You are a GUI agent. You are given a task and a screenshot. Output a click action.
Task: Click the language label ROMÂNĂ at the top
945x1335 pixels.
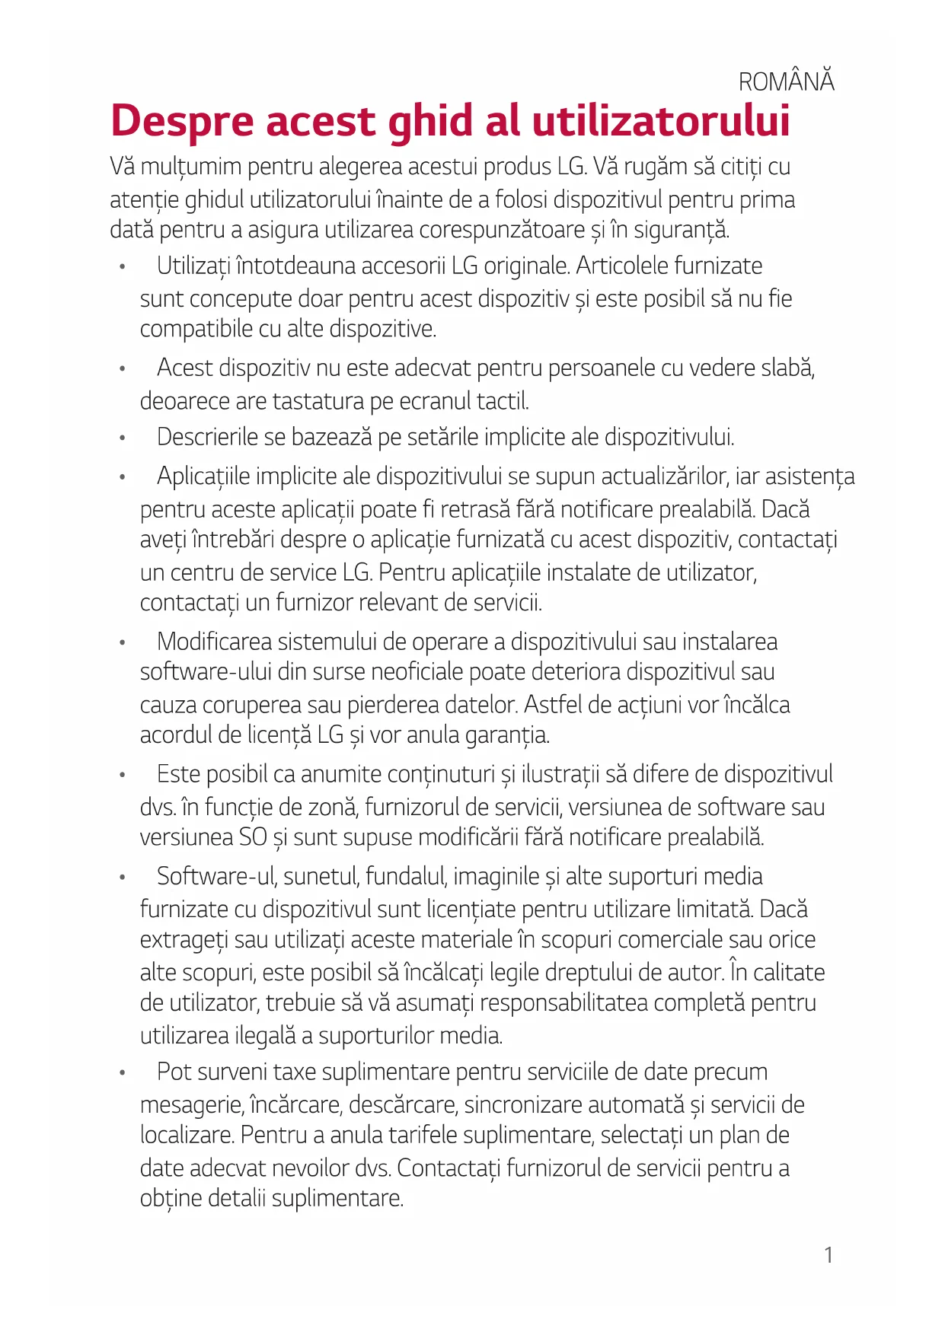click(x=787, y=81)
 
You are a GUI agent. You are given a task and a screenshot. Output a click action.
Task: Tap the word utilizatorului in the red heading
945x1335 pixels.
click(x=660, y=122)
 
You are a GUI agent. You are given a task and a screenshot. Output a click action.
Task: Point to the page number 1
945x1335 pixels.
click(x=828, y=1255)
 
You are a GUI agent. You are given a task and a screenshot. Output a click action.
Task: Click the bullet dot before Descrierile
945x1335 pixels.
click(x=122, y=438)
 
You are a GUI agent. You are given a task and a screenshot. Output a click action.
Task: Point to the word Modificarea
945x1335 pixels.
click(x=214, y=642)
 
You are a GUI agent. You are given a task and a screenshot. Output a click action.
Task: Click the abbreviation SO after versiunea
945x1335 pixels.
click(x=253, y=837)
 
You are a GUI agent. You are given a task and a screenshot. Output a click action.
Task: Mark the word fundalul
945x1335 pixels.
click(x=404, y=877)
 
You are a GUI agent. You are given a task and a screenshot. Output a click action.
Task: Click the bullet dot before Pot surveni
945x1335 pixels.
click(x=122, y=1073)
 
